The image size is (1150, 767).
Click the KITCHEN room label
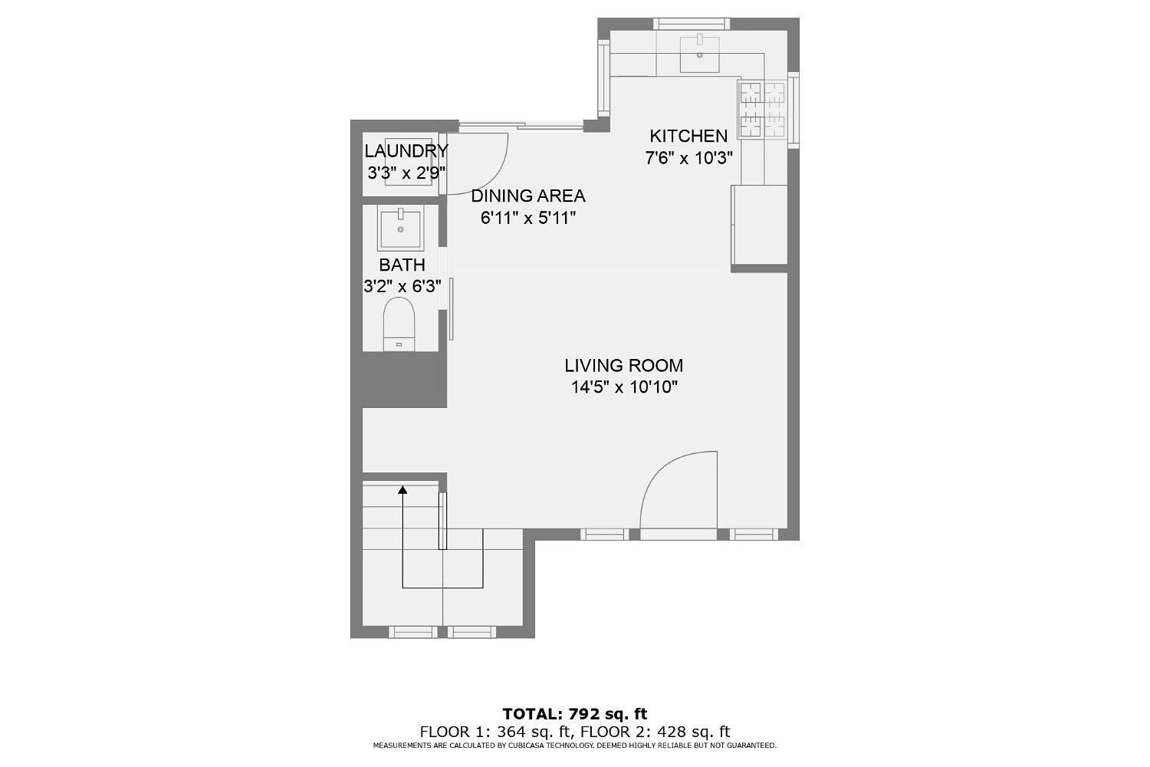coord(688,137)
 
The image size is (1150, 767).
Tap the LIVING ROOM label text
coord(623,366)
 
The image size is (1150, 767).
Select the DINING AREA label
coord(527,196)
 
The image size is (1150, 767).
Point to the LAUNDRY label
coord(406,151)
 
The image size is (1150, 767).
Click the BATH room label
coord(402,265)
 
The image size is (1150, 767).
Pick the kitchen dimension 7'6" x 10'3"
coord(689,159)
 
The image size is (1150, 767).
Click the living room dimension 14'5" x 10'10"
coord(624,387)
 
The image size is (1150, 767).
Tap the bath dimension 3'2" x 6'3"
coord(402,287)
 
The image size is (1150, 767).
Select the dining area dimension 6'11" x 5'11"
coord(527,218)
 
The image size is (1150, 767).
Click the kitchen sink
coord(699,53)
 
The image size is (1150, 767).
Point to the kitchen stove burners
coord(762,108)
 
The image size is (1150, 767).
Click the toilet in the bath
coord(399,324)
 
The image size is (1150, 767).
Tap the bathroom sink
coord(399,229)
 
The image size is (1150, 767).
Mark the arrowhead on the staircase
coord(402,490)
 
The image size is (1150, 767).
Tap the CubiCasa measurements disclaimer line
coord(575,746)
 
